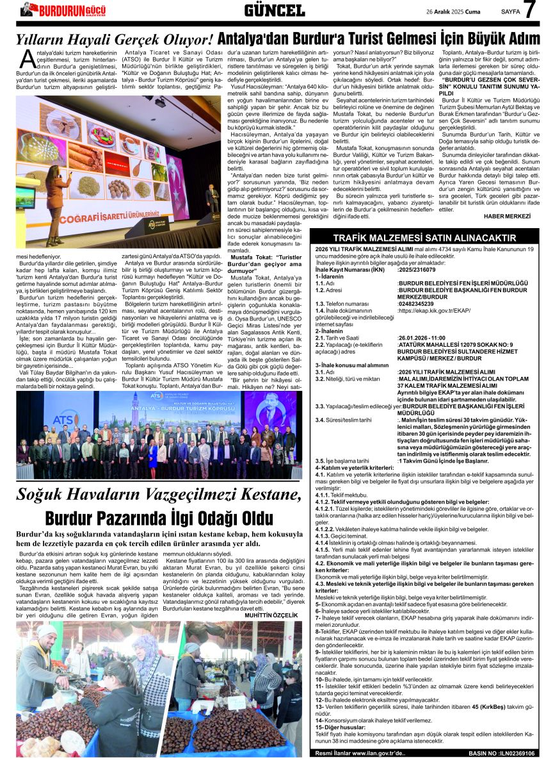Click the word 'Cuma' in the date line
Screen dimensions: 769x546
[472, 11]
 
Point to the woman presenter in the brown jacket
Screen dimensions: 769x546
[58, 199]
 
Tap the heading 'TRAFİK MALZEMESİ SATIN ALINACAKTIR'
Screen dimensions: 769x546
[424, 238]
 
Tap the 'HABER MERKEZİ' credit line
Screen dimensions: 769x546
[508, 216]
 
